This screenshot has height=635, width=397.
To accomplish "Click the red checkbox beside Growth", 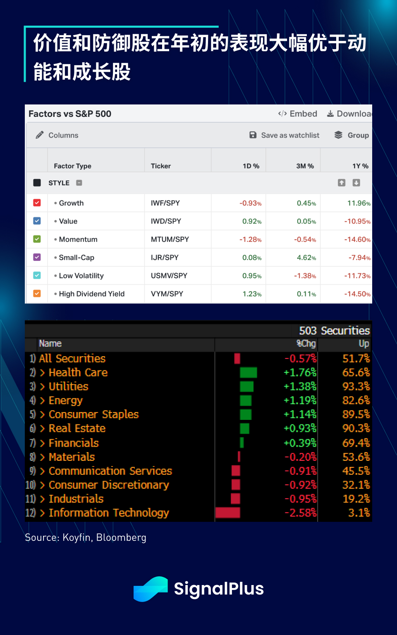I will point(37,203).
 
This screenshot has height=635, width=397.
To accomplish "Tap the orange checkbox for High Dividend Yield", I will point(37,294).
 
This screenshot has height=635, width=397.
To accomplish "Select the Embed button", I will point(298,114).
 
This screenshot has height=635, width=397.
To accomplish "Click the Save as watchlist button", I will point(285,135).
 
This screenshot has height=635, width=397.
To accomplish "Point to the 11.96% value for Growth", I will point(359,203).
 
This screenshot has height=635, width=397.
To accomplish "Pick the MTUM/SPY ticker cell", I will point(170,239).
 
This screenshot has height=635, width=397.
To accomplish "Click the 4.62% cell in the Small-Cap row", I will point(306,258).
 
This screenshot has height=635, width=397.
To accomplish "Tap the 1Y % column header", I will point(360,166).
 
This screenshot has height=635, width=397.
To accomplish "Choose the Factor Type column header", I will point(72,166).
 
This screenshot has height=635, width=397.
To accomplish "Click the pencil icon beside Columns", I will point(40,135).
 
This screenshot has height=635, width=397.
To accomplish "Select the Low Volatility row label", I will point(81,276).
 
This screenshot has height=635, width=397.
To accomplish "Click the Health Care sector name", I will point(78,372).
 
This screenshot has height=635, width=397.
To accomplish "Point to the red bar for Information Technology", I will point(228,513).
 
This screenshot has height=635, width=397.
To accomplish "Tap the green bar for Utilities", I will point(247,386).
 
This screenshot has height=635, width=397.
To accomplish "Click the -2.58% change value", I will point(300,513).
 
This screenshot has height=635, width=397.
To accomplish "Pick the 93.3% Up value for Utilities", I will point(356,386).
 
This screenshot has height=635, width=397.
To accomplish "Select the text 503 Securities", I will point(334,331).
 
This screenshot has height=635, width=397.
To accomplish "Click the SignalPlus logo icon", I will point(151,589).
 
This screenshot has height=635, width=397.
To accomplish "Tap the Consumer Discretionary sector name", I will point(109,485).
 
